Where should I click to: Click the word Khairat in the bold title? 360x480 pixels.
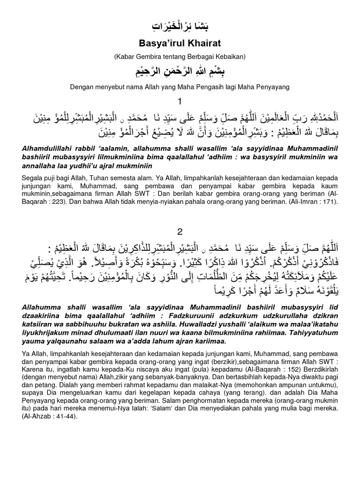pos(199,44)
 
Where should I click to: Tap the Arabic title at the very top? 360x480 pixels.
pos(180,26)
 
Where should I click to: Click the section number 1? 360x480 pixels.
pos(180,102)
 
